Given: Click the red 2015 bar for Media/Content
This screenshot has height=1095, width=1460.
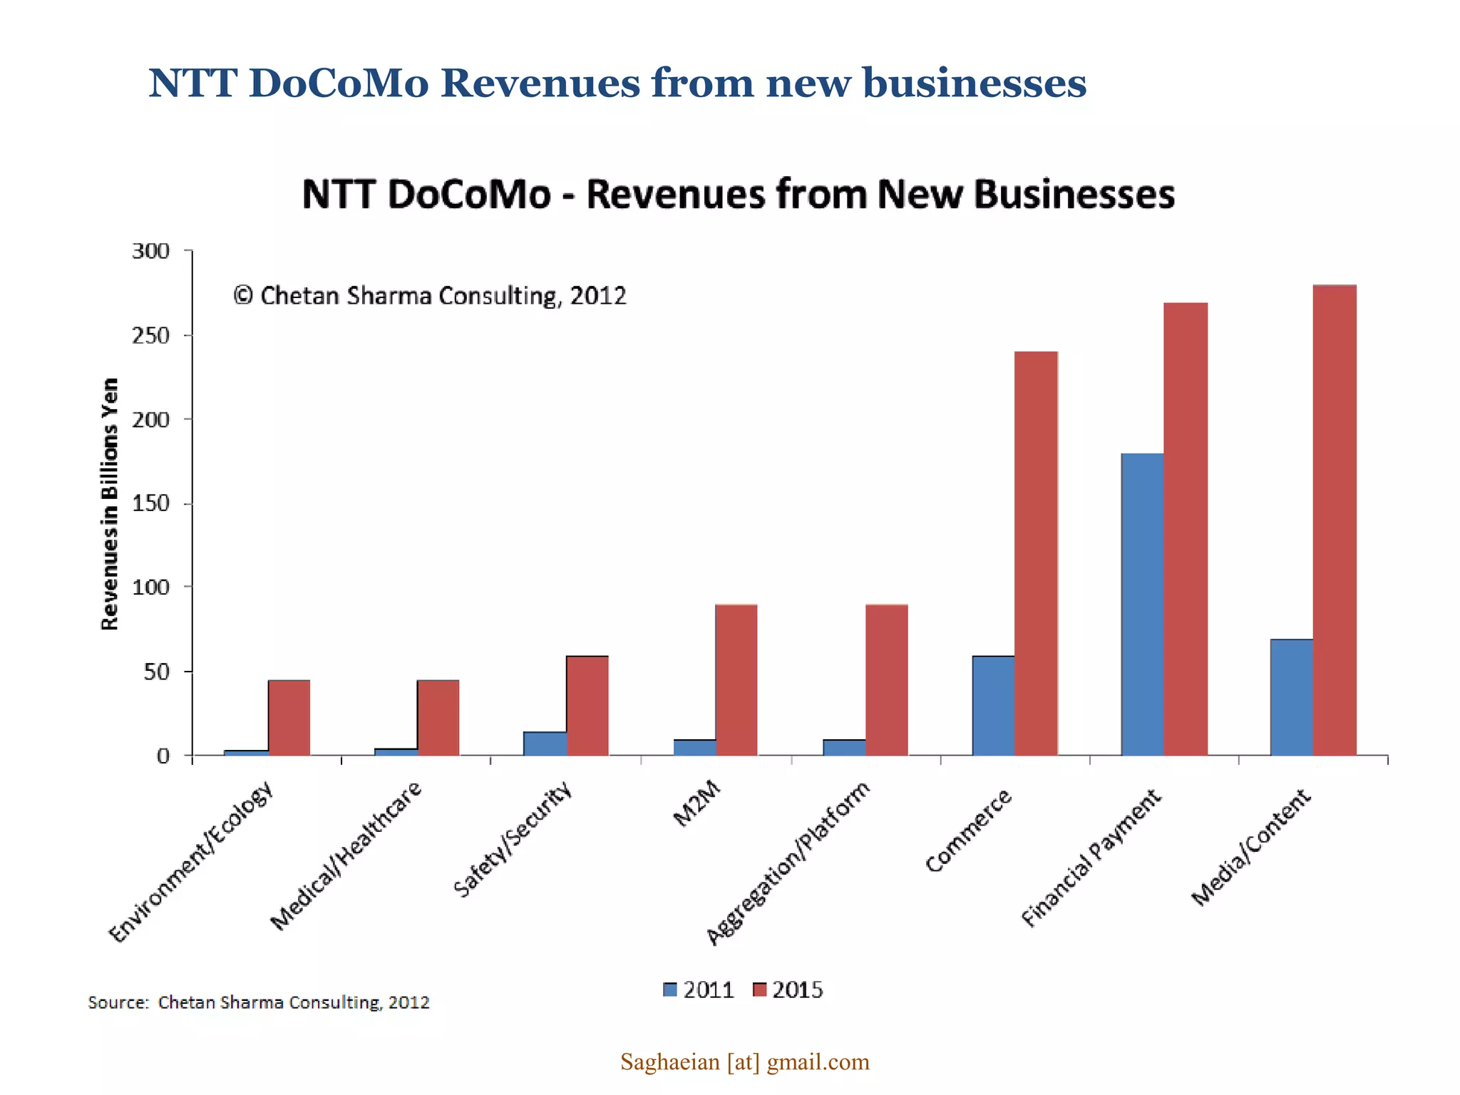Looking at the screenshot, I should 1335,520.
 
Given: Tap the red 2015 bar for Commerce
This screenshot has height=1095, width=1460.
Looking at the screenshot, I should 1036,553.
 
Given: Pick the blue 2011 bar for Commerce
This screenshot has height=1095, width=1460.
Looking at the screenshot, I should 993,705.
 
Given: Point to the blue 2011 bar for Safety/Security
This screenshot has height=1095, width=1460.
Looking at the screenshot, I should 545,743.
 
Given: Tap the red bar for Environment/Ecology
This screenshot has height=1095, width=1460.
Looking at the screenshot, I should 289,717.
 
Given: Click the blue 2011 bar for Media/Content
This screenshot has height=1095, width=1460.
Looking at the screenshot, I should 1291,697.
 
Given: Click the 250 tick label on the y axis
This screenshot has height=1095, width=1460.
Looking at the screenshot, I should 150,336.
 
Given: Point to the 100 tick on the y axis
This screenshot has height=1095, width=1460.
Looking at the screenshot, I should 150,587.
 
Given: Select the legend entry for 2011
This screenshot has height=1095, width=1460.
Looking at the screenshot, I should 699,989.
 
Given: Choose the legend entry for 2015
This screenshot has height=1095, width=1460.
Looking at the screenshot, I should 788,989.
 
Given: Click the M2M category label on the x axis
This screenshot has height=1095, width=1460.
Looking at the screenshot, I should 696,804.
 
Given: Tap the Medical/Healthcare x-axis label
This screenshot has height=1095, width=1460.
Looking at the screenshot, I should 346,856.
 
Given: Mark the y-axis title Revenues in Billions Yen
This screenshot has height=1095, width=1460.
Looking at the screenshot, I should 109,503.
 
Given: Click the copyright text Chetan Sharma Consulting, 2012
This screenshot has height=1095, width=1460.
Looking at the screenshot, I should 430,295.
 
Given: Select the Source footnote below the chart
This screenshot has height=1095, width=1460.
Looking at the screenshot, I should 258,1002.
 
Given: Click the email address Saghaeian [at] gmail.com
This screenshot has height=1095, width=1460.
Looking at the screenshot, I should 744,1061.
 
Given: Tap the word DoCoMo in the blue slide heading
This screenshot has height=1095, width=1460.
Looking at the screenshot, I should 339,83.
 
